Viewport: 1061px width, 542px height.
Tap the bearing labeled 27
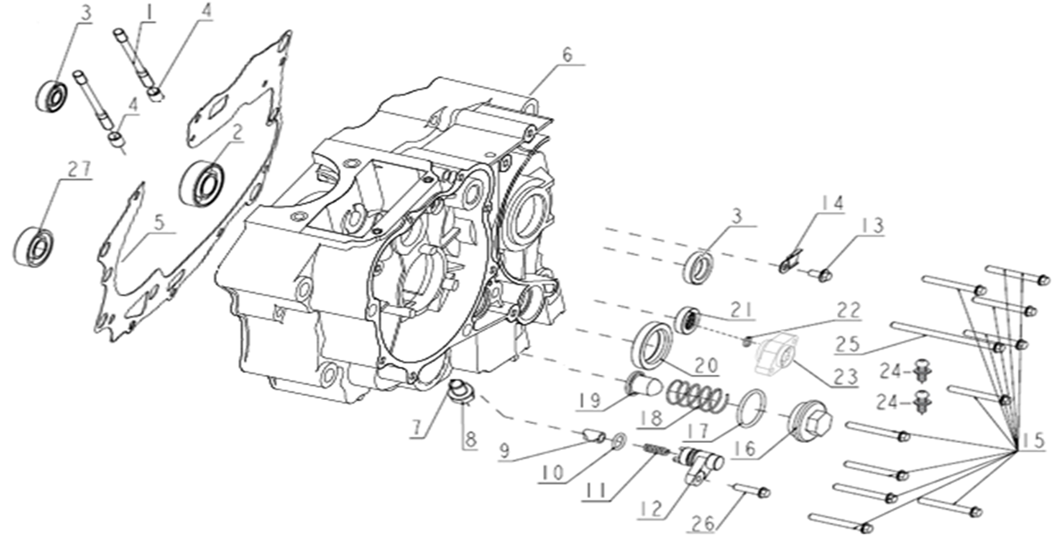coord(34,246)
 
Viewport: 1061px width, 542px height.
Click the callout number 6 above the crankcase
coord(567,57)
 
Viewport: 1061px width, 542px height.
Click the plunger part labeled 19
coord(643,385)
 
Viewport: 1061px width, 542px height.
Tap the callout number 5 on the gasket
coord(159,223)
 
